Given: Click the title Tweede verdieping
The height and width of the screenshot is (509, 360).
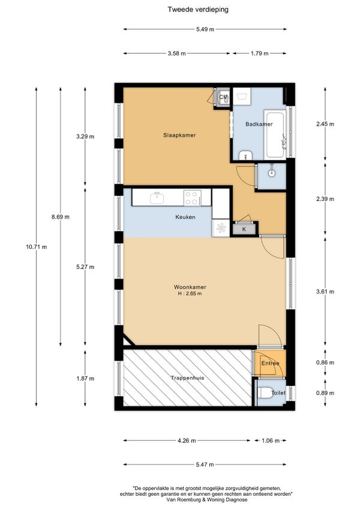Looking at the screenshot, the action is (x=197, y=10).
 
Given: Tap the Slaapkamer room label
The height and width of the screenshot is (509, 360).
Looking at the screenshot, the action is (x=179, y=135).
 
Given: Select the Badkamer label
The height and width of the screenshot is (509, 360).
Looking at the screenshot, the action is (x=259, y=124).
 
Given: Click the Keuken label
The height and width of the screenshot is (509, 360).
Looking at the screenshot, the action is (x=185, y=217).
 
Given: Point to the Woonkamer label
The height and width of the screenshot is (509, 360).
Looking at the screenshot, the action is (x=190, y=287).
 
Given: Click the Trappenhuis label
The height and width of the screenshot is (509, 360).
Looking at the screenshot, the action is (x=188, y=378).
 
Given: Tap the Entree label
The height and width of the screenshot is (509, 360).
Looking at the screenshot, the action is (x=271, y=363).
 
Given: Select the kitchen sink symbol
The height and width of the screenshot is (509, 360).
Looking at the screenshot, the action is (x=157, y=197).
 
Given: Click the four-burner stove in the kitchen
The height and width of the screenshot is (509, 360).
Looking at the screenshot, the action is (x=192, y=197).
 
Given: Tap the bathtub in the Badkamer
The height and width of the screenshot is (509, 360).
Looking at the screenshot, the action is (x=275, y=134).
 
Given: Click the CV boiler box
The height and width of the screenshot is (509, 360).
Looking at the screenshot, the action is (x=222, y=97).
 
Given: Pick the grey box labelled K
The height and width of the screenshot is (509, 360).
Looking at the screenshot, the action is (x=244, y=229).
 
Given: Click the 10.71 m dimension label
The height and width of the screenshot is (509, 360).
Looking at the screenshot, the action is (x=37, y=247).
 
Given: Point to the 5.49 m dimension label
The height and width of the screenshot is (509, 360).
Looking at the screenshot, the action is (x=205, y=29).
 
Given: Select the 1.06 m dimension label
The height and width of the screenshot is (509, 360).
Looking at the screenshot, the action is (x=271, y=441).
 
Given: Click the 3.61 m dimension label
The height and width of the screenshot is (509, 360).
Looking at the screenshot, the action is (x=325, y=292).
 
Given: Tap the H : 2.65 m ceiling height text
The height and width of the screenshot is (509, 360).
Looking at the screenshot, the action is (x=190, y=294).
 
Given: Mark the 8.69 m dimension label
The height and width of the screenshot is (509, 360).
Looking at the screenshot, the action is (x=61, y=217).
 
